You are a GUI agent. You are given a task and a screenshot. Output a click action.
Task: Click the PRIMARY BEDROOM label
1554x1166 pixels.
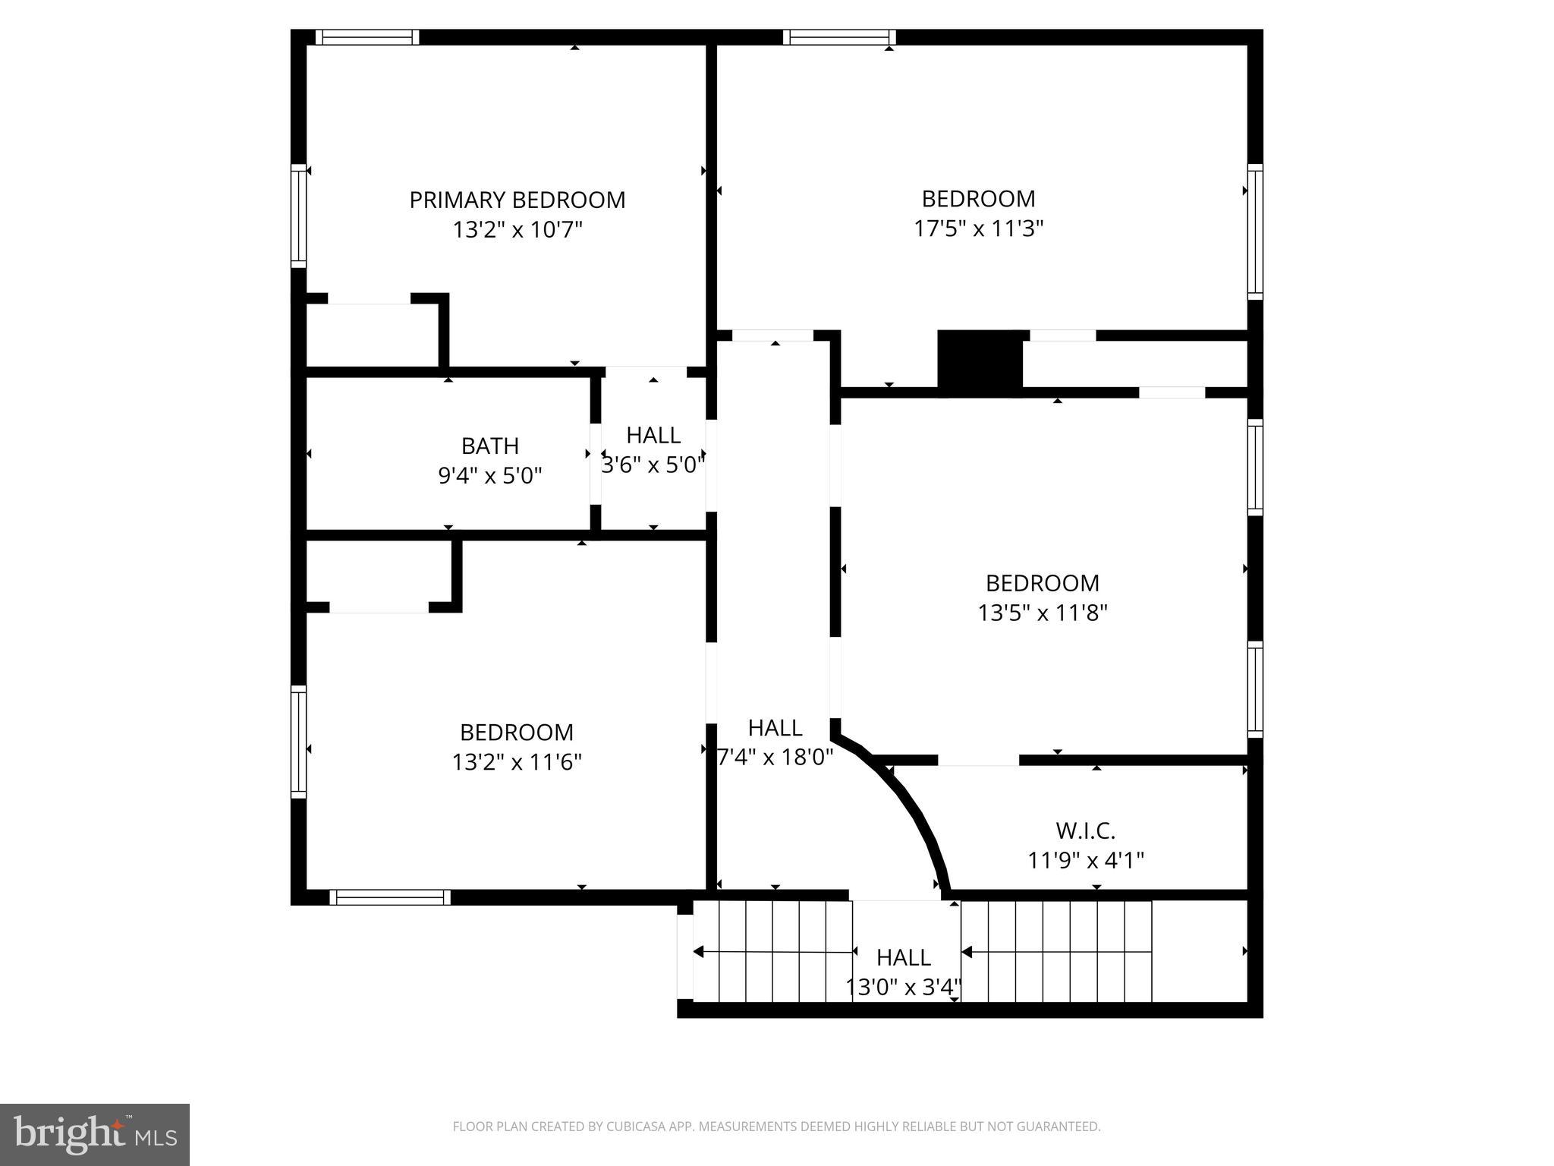[x=517, y=200]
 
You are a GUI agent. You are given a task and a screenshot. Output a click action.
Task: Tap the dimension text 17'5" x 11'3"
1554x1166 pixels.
[x=979, y=228]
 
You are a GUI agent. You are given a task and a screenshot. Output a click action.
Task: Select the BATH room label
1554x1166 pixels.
[x=490, y=446]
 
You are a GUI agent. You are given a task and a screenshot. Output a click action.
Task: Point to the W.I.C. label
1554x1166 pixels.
[x=1086, y=831]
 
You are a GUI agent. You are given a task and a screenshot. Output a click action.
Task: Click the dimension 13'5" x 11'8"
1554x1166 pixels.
[x=1043, y=613]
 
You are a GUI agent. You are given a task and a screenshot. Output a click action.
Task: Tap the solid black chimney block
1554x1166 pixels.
[x=980, y=362]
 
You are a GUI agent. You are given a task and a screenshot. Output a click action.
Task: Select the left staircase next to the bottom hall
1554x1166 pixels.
[x=772, y=951]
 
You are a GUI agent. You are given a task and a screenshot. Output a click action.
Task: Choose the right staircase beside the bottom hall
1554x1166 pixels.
[x=1056, y=951]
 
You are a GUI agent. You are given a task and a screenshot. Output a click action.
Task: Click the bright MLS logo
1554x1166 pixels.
[x=95, y=1135]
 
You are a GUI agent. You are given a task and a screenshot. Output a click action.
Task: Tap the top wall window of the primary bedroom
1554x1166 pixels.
[x=367, y=37]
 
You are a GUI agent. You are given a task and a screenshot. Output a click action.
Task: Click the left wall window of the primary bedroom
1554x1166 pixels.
[x=299, y=216]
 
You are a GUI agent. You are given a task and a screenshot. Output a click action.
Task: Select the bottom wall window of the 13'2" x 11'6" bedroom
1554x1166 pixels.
[x=390, y=897]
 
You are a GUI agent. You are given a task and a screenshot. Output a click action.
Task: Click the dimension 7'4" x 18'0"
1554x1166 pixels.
[x=775, y=757]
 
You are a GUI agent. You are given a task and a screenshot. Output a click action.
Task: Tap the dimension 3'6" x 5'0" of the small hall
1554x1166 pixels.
[x=653, y=465]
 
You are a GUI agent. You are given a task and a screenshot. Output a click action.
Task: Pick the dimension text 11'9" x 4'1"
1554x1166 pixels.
[x=1086, y=861]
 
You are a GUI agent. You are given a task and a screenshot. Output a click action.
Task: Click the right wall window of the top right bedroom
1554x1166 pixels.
[x=1255, y=232]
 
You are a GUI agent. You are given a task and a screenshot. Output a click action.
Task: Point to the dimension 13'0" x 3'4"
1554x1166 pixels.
[x=904, y=987]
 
